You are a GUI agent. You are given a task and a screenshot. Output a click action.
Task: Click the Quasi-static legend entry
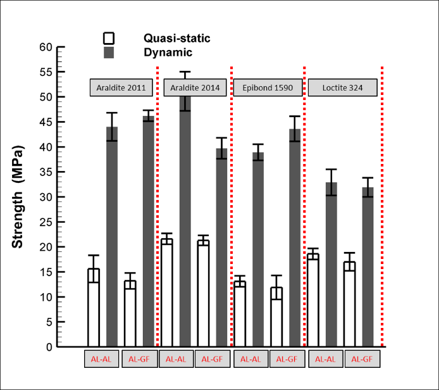tap(176, 39)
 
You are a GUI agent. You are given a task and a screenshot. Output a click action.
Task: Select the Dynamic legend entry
tap(167, 53)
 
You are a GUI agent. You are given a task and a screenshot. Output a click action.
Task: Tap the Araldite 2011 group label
tap(121, 87)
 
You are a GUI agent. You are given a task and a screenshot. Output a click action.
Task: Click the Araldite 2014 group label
tap(195, 87)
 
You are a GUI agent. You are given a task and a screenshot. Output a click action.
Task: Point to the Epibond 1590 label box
tap(268, 87)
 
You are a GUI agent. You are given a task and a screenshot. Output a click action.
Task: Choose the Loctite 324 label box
tap(342, 87)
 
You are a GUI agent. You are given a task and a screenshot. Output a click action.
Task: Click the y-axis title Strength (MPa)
tap(20, 196)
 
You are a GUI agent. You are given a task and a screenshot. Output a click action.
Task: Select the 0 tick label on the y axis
tap(48, 347)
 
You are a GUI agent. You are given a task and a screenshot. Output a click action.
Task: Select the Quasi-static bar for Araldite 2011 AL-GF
tap(130, 314)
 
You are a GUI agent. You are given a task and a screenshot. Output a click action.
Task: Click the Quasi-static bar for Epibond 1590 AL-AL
tap(240, 314)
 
